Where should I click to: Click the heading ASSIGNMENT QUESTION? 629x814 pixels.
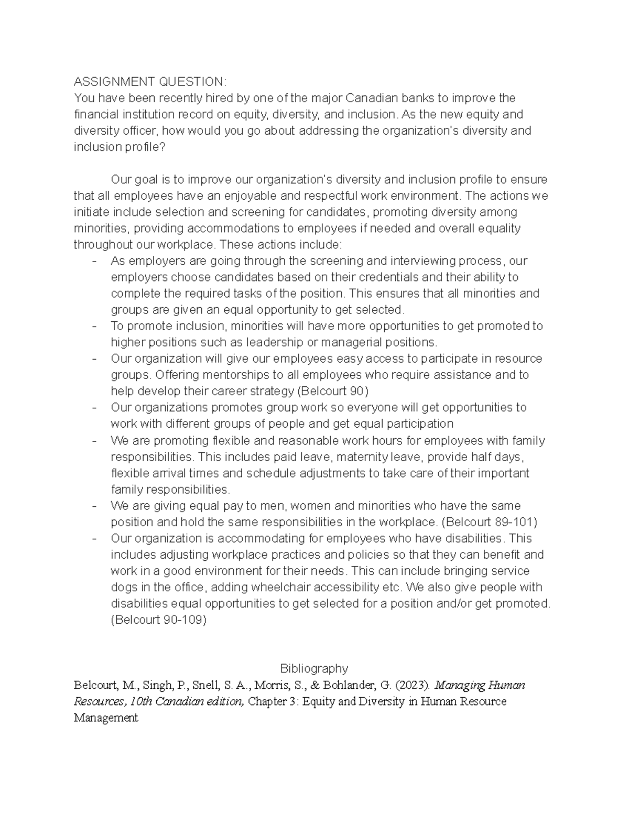coord(150,82)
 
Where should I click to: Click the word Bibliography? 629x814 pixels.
coord(314,668)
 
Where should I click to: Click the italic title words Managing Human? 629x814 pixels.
coord(480,685)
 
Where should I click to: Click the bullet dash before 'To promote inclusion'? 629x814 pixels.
coord(94,326)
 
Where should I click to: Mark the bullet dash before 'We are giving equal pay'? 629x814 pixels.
coord(94,506)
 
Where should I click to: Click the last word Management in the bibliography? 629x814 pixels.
coord(105,718)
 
